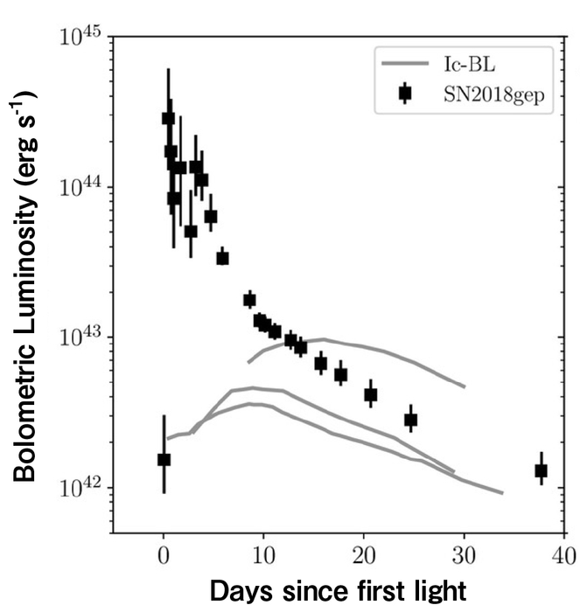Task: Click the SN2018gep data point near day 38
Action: tap(542, 471)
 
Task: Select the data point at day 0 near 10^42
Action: tap(164, 460)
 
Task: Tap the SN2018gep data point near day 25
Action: tap(411, 420)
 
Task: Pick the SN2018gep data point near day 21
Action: tap(371, 394)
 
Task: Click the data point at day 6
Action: tap(223, 258)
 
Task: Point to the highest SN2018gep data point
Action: tap(168, 119)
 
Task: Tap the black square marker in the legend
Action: tap(404, 94)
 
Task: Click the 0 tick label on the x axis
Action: tap(164, 555)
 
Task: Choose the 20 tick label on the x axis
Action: tap(362, 555)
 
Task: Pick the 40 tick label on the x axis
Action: tap(563, 555)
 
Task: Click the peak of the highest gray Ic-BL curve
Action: tap(324, 339)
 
